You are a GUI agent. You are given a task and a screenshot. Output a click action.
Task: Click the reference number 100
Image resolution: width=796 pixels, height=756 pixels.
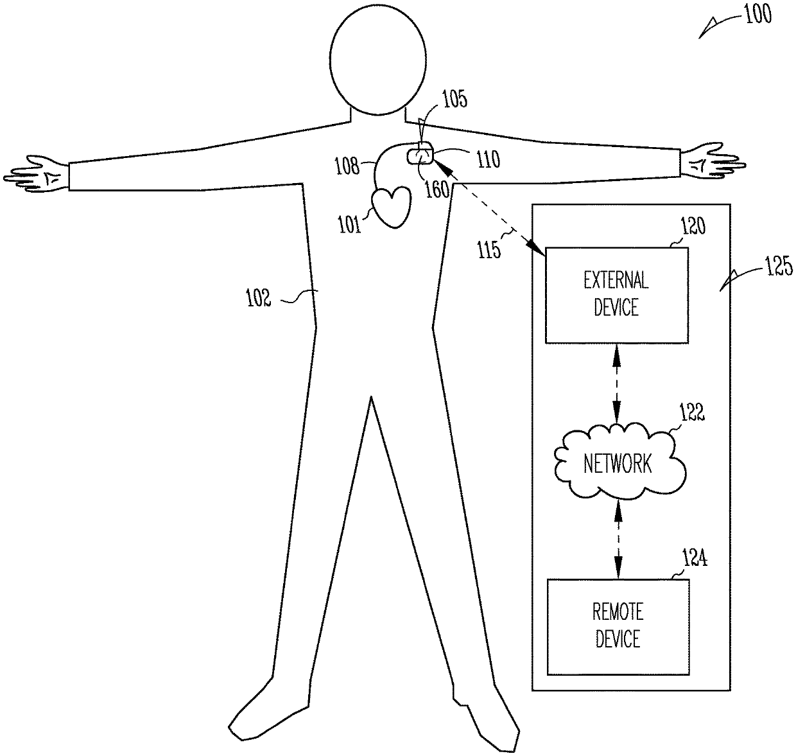pos(757,14)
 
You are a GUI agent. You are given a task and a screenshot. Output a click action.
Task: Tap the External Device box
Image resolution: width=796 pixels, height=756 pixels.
pos(616,295)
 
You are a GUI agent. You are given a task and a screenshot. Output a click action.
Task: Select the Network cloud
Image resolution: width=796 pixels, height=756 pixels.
pos(618,462)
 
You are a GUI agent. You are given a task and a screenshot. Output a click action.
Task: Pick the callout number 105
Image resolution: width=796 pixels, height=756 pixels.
pos(454,100)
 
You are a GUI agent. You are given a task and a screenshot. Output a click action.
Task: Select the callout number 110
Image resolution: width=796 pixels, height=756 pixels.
pos(488,159)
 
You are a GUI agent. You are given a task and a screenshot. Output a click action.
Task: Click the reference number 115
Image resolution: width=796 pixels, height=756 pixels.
pos(489,249)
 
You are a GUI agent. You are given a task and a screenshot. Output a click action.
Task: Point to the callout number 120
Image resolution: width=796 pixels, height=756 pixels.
pos(693,226)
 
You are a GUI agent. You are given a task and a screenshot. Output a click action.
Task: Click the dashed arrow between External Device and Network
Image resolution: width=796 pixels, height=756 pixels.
pos(617,383)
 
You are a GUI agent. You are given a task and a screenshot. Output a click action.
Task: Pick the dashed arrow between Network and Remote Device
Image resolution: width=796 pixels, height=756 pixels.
pos(618,538)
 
